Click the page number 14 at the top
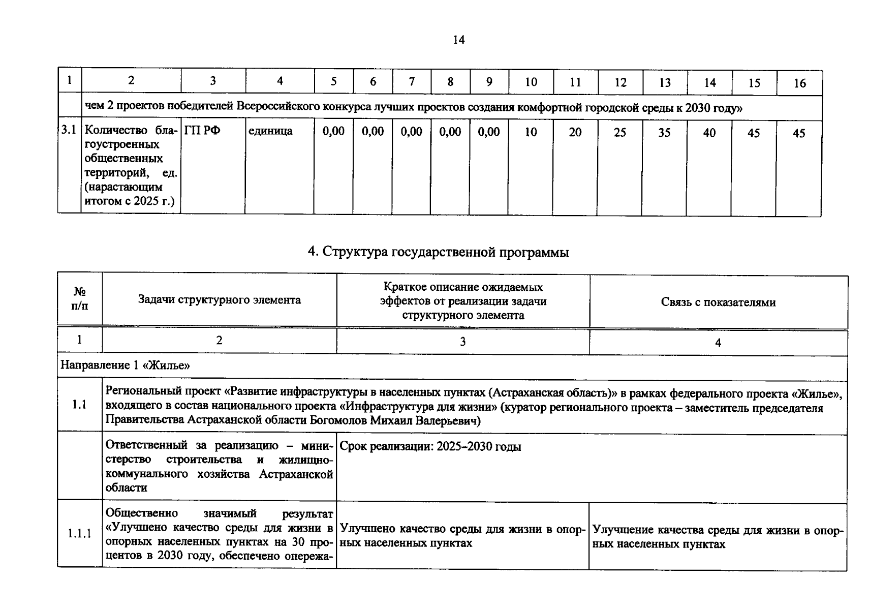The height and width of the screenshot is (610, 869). coord(458,40)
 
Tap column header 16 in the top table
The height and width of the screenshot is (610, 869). coord(799,83)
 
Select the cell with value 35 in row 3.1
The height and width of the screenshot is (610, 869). coord(664,133)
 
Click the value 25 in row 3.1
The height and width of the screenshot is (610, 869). coord(619,133)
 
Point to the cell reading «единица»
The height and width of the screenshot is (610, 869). coord(270,131)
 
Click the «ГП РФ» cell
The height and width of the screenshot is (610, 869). coord(202,131)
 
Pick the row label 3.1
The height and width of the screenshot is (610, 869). coord(69,130)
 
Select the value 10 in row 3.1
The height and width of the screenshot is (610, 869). coord(531,132)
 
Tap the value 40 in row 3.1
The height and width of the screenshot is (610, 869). coord(709,133)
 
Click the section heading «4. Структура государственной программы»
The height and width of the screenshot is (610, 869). coord(438,252)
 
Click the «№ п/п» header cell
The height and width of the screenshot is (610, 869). coord(80,299)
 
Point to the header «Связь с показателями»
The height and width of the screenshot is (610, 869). coord(718,302)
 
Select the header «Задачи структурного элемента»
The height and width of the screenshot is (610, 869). coord(219,300)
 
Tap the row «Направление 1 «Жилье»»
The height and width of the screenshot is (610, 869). coord(125,365)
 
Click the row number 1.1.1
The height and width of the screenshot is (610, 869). coord(80,533)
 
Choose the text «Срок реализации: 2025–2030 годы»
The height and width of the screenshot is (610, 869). coord(430,447)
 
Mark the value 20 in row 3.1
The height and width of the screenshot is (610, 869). coord(575,133)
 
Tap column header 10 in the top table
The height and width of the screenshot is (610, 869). coord(531,82)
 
